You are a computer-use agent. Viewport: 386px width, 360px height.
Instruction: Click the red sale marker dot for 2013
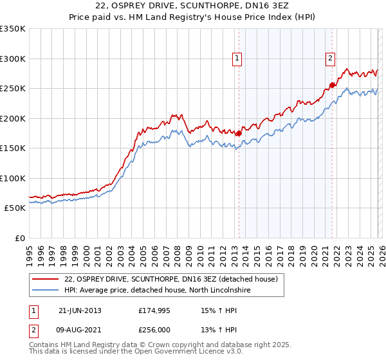point(239,134)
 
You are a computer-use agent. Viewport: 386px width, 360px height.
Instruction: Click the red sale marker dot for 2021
point(333,85)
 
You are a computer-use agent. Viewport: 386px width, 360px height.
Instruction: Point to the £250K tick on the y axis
point(12,89)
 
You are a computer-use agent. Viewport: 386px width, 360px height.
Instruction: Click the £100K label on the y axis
point(12,178)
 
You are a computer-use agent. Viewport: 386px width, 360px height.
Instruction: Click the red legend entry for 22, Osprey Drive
point(170,279)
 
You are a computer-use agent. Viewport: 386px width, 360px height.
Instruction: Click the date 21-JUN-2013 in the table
point(80,310)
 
